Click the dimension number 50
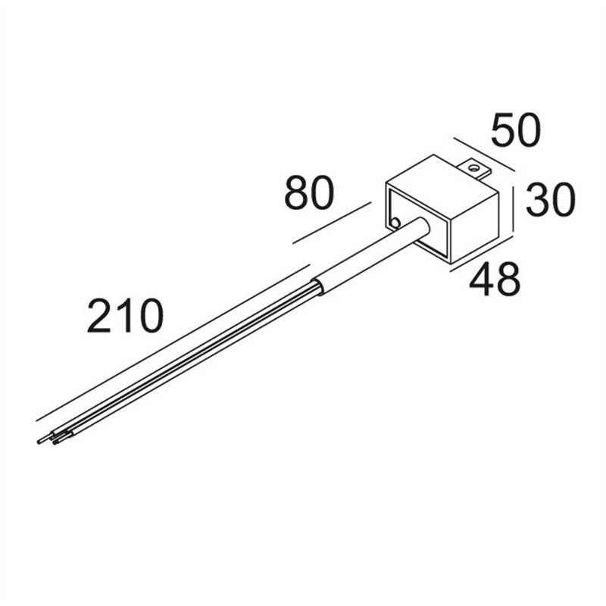point(516,130)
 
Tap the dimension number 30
point(551,200)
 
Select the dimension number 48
point(495,279)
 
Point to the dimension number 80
point(309,193)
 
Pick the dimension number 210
point(125,316)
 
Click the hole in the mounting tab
point(472,168)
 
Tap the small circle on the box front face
point(395,223)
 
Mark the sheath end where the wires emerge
point(317,287)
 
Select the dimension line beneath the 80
point(332,223)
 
